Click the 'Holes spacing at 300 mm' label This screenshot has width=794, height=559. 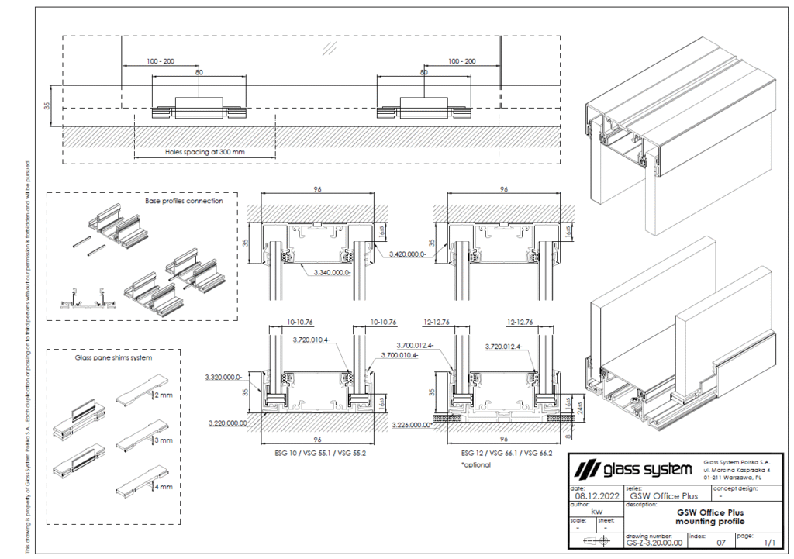point(205,152)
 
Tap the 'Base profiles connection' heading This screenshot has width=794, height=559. point(184,201)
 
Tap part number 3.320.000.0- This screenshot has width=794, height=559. point(224,377)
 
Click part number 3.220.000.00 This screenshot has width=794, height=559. point(228,423)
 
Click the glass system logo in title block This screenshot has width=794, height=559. point(631,470)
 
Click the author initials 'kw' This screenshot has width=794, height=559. point(595,511)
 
